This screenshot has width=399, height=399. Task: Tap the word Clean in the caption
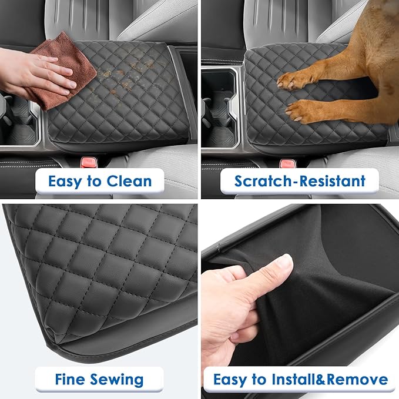129,182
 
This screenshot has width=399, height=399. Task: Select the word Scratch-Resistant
300,181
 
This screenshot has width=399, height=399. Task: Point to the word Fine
70,379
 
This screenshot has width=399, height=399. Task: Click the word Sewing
117,380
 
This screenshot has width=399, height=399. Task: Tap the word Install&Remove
330,380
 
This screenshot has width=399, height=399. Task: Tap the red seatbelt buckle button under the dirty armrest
89,163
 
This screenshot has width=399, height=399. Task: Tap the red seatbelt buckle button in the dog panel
287,163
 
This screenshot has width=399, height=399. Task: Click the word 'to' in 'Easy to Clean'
94,182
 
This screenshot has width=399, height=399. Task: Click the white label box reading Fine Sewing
99,379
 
